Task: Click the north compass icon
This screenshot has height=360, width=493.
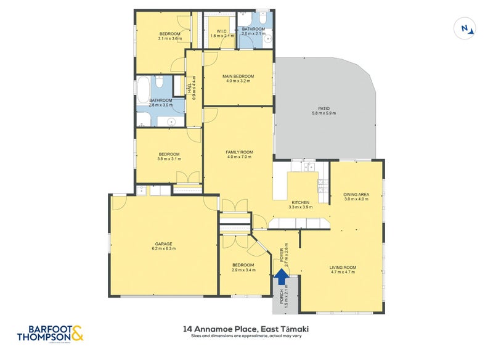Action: [467, 28]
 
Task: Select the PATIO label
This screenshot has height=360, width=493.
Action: [320, 109]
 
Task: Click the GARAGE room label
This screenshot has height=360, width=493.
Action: [163, 243]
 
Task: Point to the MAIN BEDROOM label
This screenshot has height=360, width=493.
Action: [238, 76]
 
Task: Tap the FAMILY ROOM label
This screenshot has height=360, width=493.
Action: [238, 152]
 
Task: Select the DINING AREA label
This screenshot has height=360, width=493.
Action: [356, 195]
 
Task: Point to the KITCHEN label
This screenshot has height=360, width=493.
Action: [301, 202]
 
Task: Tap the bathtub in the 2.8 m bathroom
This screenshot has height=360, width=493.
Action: [143, 90]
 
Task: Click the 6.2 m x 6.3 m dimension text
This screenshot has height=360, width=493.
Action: [163, 249]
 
